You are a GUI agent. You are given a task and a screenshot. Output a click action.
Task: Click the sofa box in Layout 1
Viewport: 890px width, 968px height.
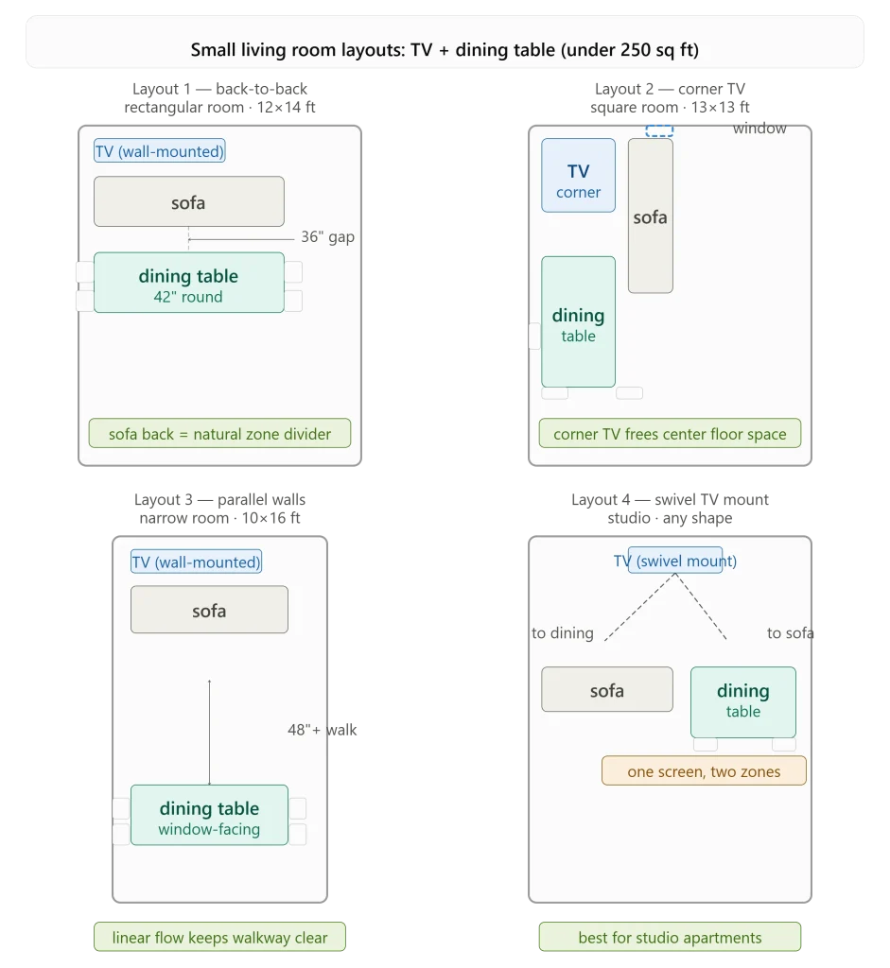[x=189, y=201]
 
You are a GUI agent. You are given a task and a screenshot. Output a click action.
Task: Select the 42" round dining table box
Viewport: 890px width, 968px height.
[x=189, y=283]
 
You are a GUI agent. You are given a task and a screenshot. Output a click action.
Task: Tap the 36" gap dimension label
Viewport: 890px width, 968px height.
[x=327, y=237]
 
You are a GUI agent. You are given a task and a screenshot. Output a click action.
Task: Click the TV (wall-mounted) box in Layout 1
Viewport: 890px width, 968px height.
[x=159, y=151]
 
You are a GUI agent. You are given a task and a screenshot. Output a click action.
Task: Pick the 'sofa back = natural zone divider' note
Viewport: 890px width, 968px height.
[x=219, y=433]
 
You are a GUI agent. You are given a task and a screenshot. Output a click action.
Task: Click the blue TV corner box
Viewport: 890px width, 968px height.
[x=578, y=175]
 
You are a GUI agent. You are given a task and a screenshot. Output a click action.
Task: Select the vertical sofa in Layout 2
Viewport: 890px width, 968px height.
[x=651, y=216]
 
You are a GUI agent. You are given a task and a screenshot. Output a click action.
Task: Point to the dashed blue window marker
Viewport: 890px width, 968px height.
[x=659, y=130]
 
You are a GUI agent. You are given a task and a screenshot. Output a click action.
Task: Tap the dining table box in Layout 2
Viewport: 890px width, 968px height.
[x=578, y=322]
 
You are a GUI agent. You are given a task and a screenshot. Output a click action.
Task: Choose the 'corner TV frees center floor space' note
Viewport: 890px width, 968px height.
[x=671, y=433]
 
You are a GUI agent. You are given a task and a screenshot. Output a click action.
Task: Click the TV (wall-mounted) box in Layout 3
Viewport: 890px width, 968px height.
[x=197, y=562]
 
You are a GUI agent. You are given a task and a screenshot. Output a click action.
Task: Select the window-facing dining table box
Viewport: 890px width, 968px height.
[x=209, y=815]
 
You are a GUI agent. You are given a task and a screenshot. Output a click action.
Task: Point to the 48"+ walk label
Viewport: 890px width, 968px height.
[x=322, y=730]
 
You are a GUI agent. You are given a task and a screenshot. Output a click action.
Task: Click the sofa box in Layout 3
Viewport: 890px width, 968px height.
[x=209, y=610]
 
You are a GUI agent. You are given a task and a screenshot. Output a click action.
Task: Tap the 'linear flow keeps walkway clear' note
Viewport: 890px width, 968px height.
[x=219, y=937]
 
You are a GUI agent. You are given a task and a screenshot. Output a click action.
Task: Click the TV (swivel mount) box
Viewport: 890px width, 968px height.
[x=675, y=560]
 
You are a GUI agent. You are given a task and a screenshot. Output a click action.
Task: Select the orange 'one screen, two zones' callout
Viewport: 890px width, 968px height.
[x=704, y=771]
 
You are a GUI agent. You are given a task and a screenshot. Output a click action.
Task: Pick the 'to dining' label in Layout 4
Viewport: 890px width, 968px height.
[x=563, y=632]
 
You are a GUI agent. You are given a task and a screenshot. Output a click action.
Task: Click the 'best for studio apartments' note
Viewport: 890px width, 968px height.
[x=671, y=937]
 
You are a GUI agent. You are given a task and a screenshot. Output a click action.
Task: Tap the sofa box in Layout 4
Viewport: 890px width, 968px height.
[x=607, y=689]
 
